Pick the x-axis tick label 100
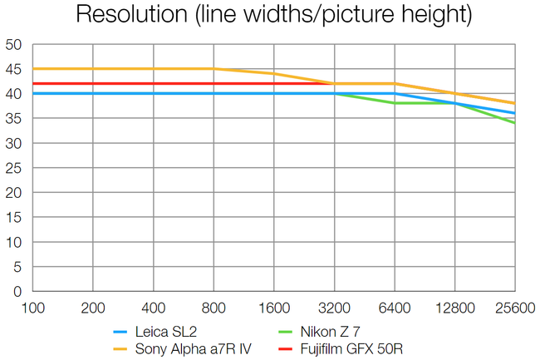click(x=32, y=308)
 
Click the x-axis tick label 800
click(x=214, y=308)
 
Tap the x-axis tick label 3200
click(x=334, y=308)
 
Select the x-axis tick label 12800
click(x=454, y=308)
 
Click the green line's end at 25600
click(x=514, y=123)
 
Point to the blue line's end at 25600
click(x=514, y=113)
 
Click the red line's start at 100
click(x=32, y=84)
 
